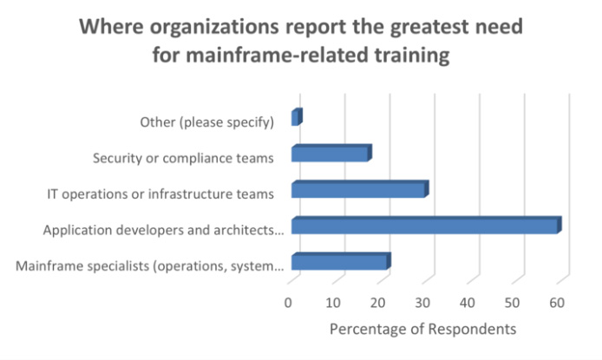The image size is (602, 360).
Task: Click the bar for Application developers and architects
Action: (425, 226)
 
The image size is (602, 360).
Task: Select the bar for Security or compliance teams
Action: (330, 154)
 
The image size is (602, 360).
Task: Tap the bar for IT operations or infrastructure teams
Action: (359, 190)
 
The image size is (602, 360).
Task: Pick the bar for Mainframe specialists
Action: (340, 262)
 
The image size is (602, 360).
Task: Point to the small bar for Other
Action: (296, 118)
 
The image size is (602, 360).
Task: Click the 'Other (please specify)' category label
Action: (207, 121)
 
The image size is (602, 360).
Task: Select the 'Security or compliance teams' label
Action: (183, 158)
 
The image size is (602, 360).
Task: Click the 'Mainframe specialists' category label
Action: (150, 265)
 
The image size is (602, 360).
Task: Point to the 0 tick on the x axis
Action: (289, 302)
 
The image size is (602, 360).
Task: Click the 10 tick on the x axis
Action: (333, 302)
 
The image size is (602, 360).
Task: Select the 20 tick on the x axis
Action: (378, 302)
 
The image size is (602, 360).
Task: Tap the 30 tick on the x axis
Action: (423, 302)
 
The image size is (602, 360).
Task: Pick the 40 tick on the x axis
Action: (468, 302)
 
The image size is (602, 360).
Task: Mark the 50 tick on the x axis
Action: (513, 302)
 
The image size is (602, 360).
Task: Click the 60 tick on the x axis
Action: (557, 302)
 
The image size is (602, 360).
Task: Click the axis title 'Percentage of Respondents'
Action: (422, 330)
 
